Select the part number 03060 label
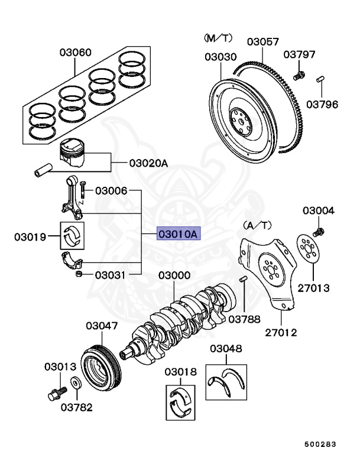[75, 53]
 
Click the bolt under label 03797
[299, 75]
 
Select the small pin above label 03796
[322, 79]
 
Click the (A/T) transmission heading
[258, 225]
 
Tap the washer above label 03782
[76, 383]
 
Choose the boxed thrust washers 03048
[225, 381]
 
